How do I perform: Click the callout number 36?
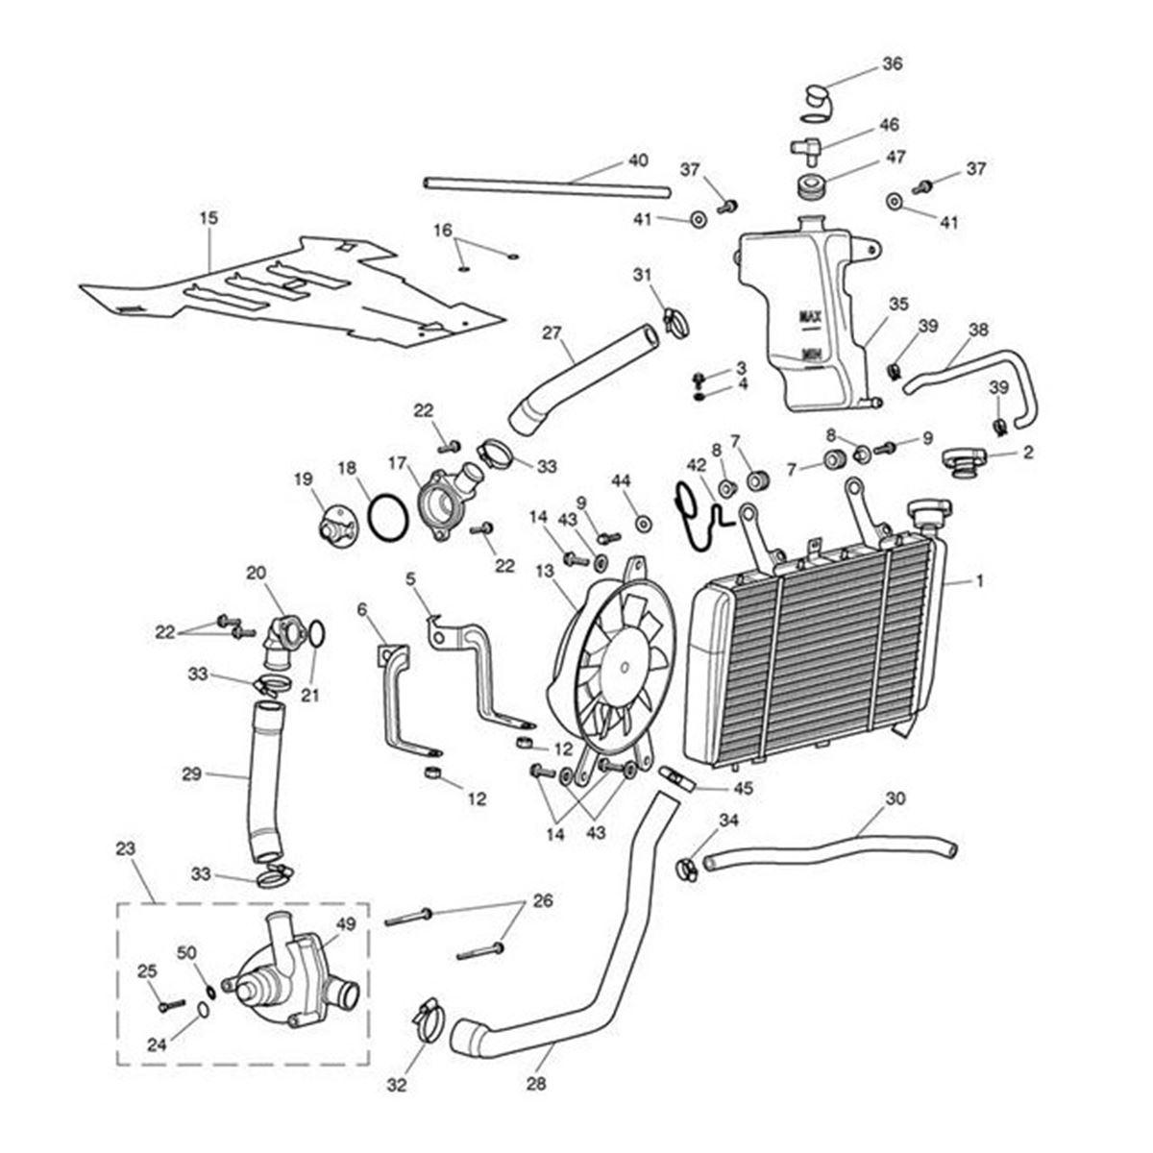pyautogui.click(x=893, y=65)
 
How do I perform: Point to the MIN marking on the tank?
pyautogui.click(x=809, y=353)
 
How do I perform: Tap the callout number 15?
pyautogui.click(x=209, y=218)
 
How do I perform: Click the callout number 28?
pyautogui.click(x=535, y=1083)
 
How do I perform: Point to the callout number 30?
pyautogui.click(x=895, y=798)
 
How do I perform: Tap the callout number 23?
pyautogui.click(x=125, y=849)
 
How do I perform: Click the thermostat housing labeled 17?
pyautogui.click(x=439, y=495)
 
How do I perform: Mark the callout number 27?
pyautogui.click(x=551, y=333)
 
